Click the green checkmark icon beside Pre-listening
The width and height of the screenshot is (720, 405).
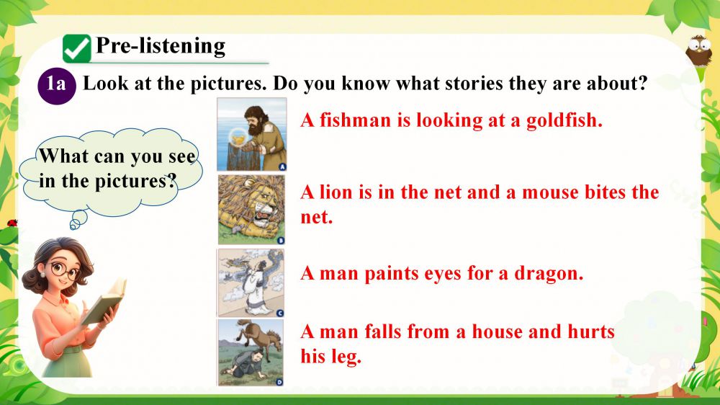pos(77,48)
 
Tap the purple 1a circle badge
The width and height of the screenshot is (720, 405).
pos(56,86)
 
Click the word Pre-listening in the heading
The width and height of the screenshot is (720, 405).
pos(161,46)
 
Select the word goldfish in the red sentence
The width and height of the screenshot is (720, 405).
pos(564,120)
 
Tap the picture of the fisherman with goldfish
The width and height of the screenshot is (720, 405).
pos(251,134)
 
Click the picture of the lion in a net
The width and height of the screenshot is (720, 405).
pos(251,210)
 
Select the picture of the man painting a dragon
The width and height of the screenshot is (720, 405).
pos(251,282)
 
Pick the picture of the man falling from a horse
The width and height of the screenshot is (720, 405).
pos(251,352)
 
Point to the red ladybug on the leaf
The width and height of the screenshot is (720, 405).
pos(12,223)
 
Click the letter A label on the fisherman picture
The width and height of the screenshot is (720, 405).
pos(282,166)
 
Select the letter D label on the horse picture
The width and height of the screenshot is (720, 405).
pos(279,382)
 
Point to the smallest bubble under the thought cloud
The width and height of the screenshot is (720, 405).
pos(74,225)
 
